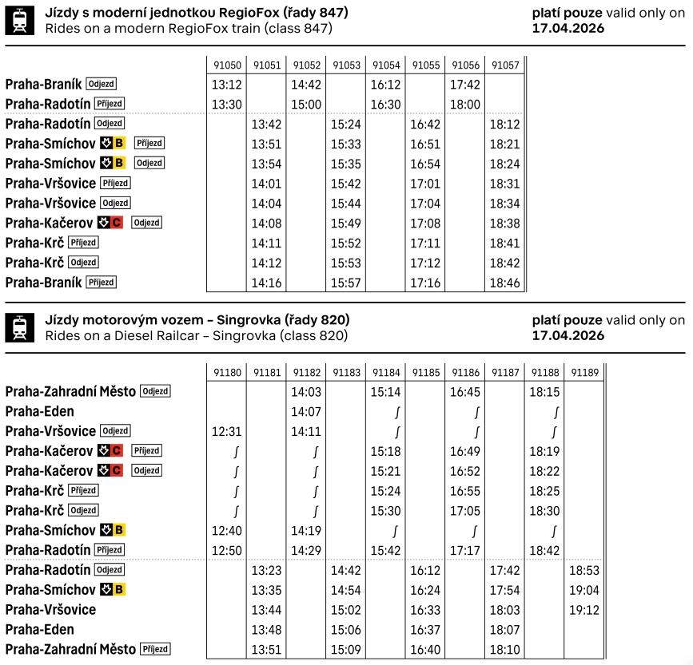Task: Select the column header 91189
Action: tap(583, 371)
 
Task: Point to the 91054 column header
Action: tap(386, 65)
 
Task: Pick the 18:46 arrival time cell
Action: tap(504, 283)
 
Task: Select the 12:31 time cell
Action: tap(226, 431)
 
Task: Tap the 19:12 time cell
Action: tap(583, 610)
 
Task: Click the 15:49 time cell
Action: tap(347, 223)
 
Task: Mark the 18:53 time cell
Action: tap(583, 571)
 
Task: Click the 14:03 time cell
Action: tap(306, 392)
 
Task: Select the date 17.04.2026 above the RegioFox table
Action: tap(568, 28)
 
